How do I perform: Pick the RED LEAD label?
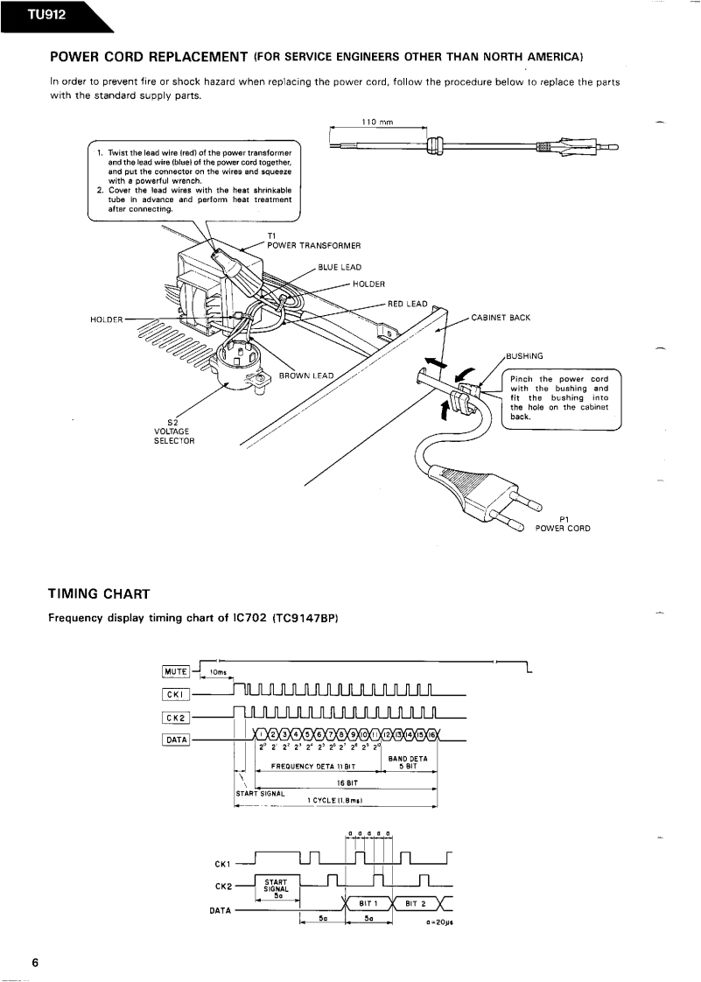pyautogui.click(x=407, y=304)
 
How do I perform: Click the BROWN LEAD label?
pyautogui.click(x=306, y=375)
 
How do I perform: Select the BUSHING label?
pyautogui.click(x=524, y=355)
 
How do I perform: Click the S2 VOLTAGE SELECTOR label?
pyautogui.click(x=174, y=431)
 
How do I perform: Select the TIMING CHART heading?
pyautogui.click(x=99, y=594)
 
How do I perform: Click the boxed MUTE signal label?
pyautogui.click(x=175, y=671)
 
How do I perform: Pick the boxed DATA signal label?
pyautogui.click(x=175, y=740)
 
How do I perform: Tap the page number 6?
pyautogui.click(x=35, y=963)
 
